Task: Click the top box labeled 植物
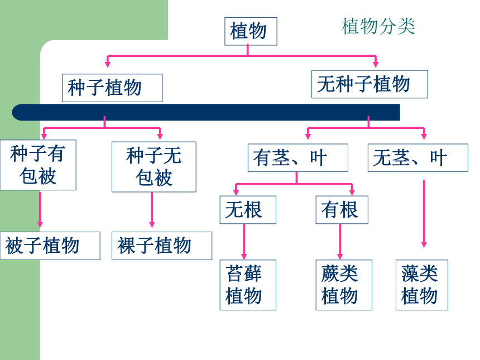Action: tap(251, 31)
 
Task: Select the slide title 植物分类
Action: tap(378, 26)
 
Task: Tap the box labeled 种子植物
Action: tap(112, 88)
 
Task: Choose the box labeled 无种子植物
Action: tap(369, 84)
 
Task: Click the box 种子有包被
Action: tap(38, 165)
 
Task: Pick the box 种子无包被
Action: tap(154, 167)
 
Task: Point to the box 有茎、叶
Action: tap(298, 157)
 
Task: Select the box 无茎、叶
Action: tap(418, 157)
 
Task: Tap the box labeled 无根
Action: tap(248, 210)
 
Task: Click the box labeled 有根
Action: tap(342, 210)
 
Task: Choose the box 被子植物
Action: tap(50, 246)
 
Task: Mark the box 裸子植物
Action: tap(162, 246)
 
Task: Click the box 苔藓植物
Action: tap(248, 285)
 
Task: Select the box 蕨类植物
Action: tap(344, 285)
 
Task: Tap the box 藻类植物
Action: tap(422, 285)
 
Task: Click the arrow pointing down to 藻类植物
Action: tap(424, 214)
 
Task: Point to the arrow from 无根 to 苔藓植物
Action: tap(244, 242)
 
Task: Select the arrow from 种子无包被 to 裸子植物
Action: tap(152, 210)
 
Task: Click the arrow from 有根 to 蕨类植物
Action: tap(340, 242)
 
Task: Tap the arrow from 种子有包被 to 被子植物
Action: tap(40, 210)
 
